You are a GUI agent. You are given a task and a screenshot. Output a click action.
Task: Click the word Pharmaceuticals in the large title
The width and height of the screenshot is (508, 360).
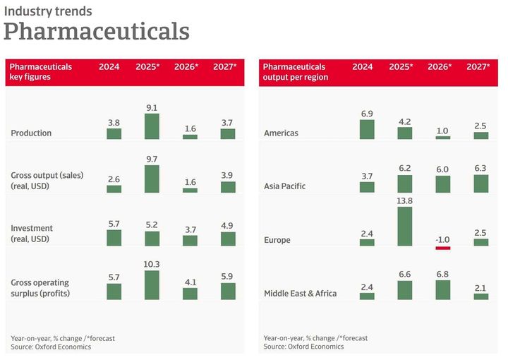click(x=97, y=32)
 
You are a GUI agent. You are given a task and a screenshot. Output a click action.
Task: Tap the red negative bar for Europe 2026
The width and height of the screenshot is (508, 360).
click(x=442, y=248)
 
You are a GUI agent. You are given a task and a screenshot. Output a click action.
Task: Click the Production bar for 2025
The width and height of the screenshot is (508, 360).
click(x=152, y=126)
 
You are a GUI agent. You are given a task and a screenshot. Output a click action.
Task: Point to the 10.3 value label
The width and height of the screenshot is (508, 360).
click(x=152, y=264)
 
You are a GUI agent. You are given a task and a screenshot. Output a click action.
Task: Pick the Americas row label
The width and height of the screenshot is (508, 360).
click(x=281, y=133)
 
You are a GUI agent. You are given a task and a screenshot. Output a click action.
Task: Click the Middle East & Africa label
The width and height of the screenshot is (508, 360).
click(x=300, y=294)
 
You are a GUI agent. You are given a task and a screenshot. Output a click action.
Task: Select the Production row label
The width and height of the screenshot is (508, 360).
click(x=31, y=133)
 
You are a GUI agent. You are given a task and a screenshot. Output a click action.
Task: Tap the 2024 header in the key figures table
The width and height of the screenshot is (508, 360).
click(x=109, y=67)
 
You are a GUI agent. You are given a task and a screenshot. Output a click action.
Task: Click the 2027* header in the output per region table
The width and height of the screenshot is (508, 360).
click(x=478, y=67)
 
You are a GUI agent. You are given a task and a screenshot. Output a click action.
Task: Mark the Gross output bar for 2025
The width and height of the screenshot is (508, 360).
click(x=152, y=179)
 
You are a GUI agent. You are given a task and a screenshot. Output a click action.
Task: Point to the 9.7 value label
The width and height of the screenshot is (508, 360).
click(x=152, y=160)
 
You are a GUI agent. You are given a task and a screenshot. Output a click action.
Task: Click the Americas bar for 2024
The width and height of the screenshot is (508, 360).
click(x=367, y=129)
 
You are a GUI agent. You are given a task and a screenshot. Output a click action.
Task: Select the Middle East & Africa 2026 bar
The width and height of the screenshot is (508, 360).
click(x=442, y=290)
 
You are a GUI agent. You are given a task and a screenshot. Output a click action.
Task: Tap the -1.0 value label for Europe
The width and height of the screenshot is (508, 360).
click(x=442, y=239)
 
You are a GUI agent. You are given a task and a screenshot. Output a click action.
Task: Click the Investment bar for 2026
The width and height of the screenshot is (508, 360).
click(x=190, y=240)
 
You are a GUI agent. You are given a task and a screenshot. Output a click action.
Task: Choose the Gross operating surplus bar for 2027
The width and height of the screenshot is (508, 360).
click(x=228, y=292)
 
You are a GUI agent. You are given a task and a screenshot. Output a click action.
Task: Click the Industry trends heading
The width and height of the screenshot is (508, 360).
click(x=48, y=12)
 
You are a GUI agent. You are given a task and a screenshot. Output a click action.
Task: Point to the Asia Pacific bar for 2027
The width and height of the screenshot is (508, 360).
click(x=480, y=184)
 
